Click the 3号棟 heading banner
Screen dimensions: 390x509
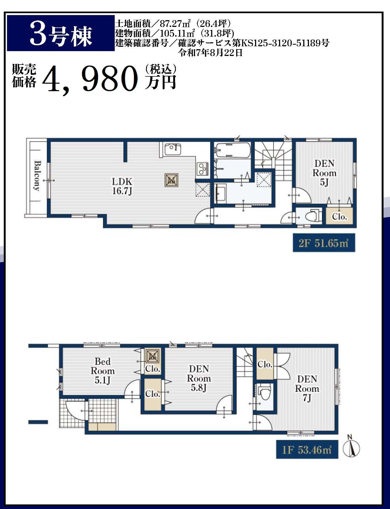(61, 33)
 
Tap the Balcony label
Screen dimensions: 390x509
(37, 176)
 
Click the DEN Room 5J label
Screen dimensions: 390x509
(324, 173)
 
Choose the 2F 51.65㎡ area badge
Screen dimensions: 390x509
(324, 243)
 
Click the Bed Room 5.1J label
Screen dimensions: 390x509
(103, 371)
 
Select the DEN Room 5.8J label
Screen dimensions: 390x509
(199, 378)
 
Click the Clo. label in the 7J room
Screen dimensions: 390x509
(265, 365)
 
